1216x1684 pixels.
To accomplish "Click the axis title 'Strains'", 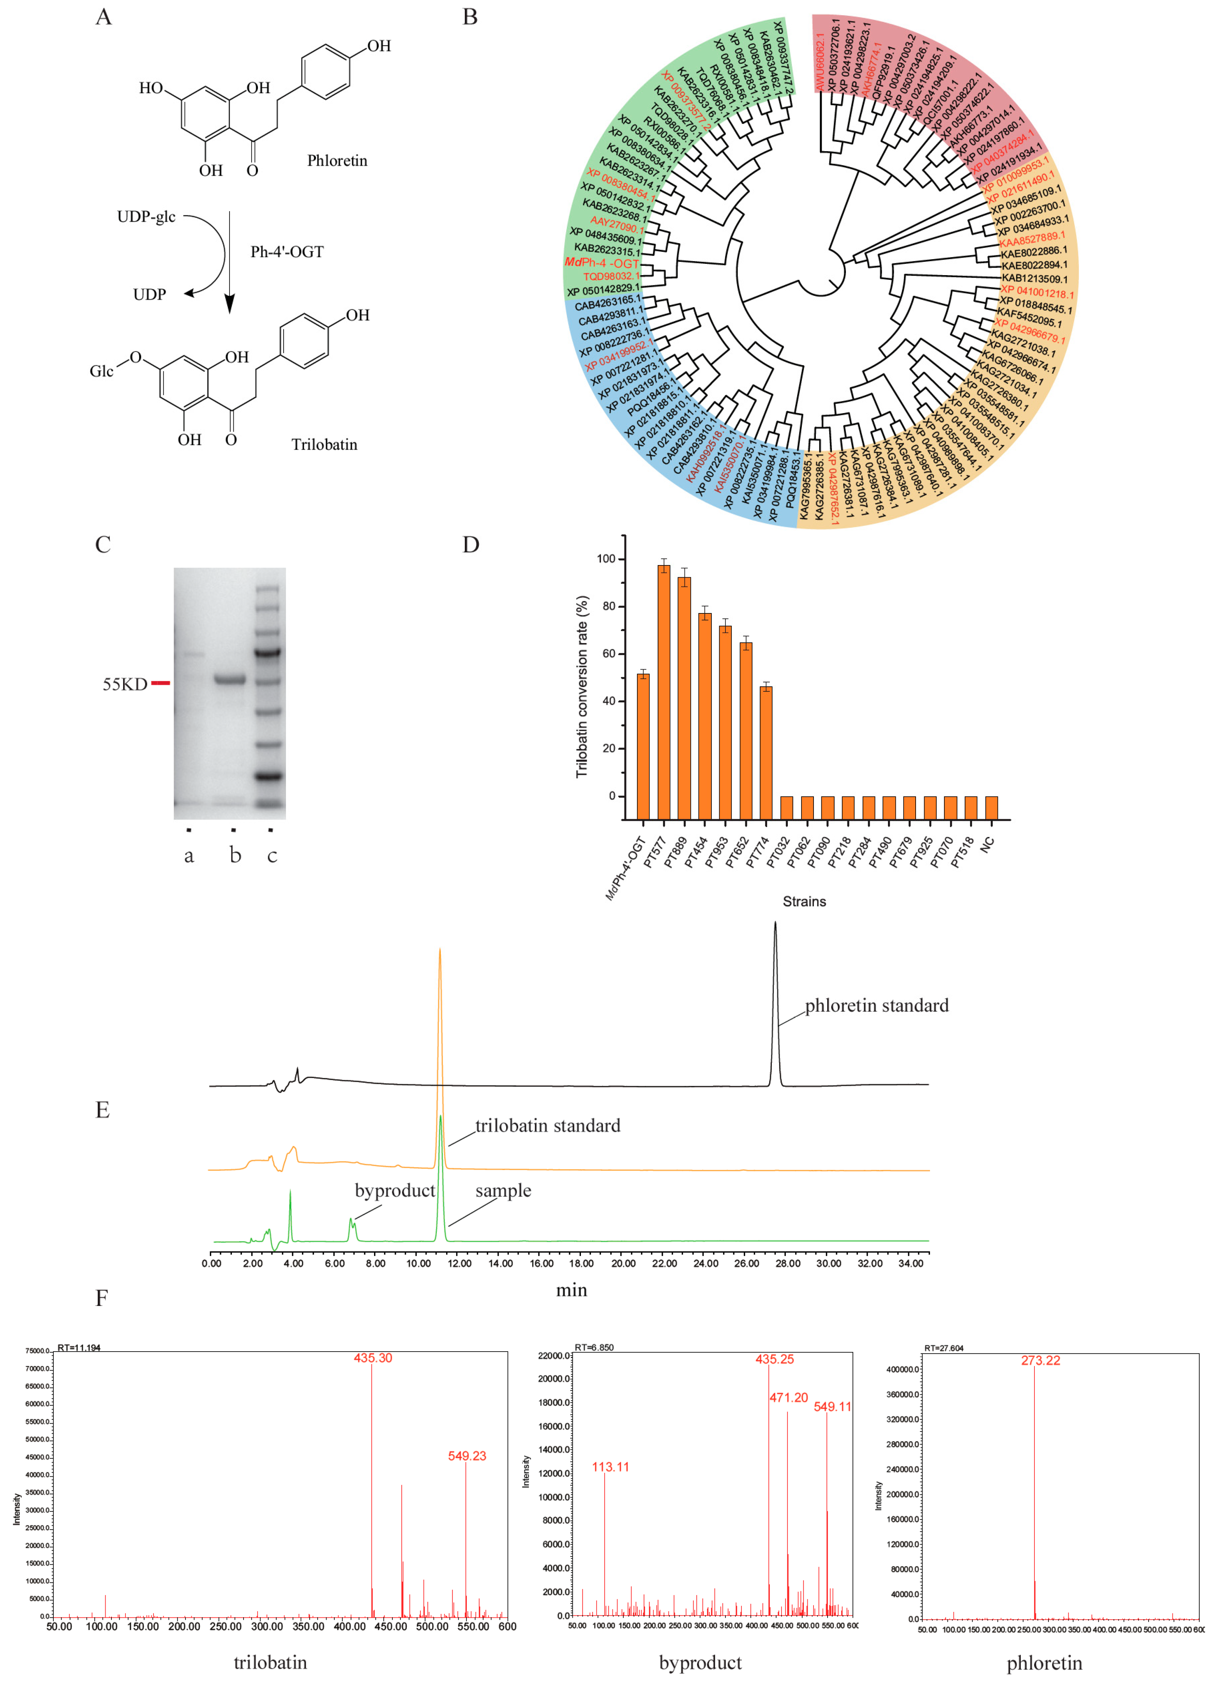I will point(804,901).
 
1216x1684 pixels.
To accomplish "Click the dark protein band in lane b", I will point(229,679).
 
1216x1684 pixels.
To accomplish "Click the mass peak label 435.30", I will point(372,1358).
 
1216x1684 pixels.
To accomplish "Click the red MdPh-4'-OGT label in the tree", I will point(601,263).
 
